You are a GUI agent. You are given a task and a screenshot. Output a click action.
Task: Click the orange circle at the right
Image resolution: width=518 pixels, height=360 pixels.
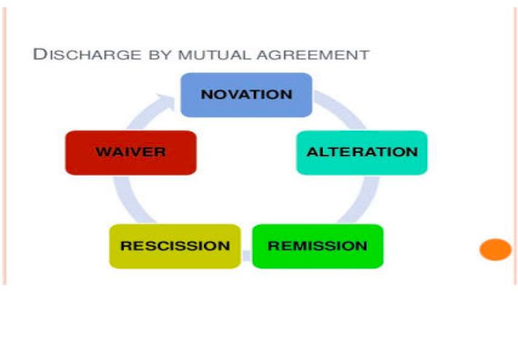[x=495, y=250]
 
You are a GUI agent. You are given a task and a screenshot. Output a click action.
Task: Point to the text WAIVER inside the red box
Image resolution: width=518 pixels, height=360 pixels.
[x=131, y=152]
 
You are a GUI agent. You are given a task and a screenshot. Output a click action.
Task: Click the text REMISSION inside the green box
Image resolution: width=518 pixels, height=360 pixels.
[x=317, y=245]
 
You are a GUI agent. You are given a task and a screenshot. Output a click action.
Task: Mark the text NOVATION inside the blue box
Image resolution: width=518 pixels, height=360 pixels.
[x=246, y=94]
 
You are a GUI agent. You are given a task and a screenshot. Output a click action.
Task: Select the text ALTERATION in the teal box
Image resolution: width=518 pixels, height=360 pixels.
[x=362, y=152]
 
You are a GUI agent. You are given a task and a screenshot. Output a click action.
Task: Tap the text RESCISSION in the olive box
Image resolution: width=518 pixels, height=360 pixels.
[x=174, y=245]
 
